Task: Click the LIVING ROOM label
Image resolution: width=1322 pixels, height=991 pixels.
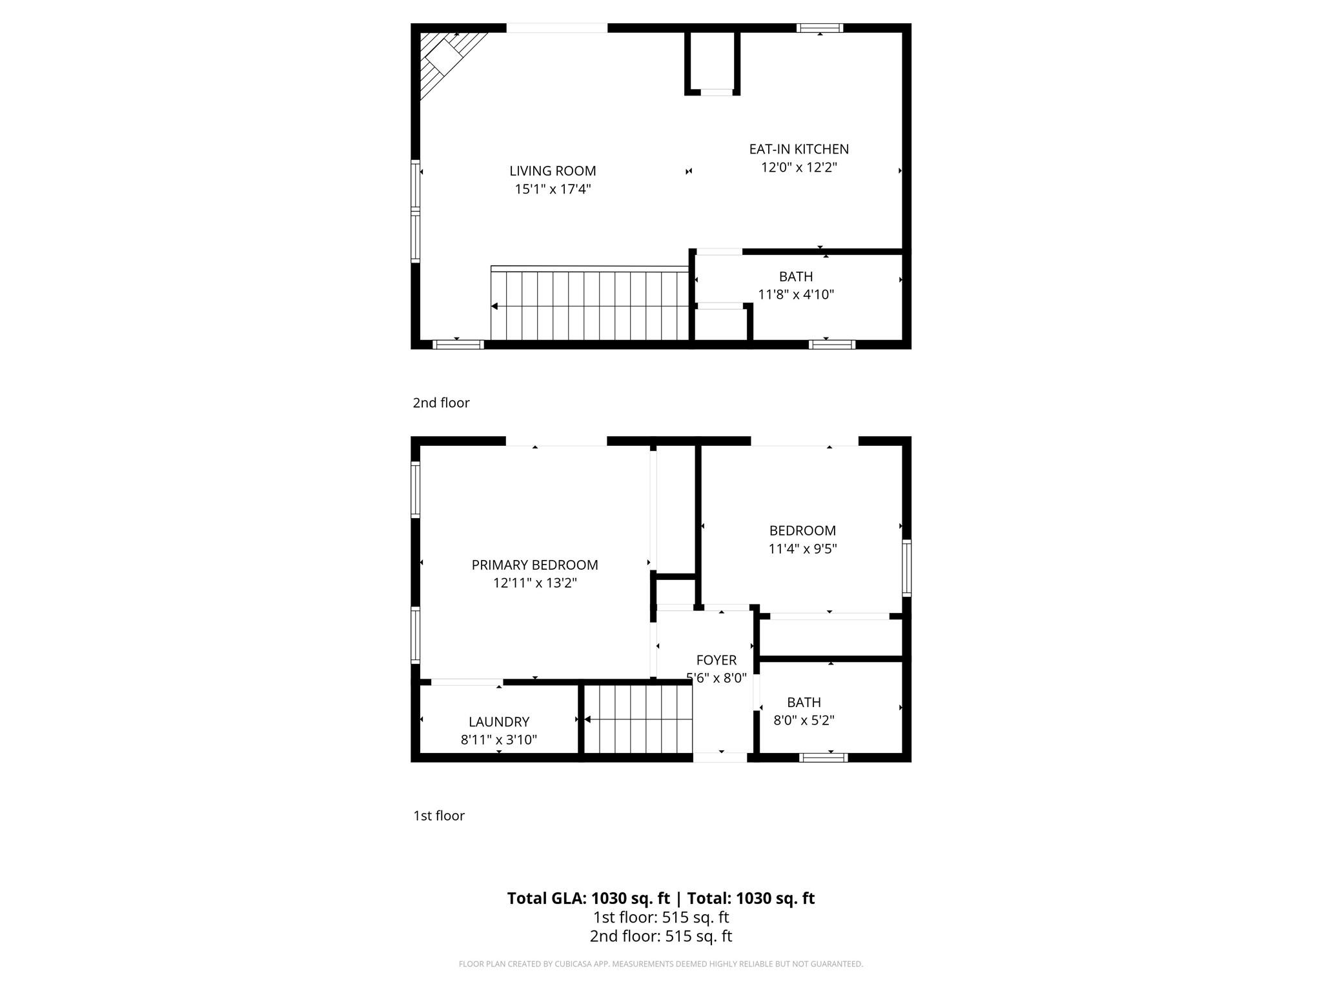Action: coord(553,171)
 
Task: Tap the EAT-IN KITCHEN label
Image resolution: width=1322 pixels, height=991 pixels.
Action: coord(798,149)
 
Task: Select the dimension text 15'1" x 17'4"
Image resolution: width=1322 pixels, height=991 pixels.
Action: coord(553,189)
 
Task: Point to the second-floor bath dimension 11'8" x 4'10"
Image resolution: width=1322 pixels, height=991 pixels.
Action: coord(796,294)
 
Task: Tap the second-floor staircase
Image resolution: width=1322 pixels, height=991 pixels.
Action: coord(589,303)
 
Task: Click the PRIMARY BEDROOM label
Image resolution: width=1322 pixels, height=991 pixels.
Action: coord(534,565)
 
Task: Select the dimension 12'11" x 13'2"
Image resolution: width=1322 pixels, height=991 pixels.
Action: coord(534,583)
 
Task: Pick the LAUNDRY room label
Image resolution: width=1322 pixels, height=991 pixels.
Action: coord(499,722)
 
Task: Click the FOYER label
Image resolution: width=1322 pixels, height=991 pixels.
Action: coord(717,660)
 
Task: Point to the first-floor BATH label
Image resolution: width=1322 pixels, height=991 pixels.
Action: coord(804,702)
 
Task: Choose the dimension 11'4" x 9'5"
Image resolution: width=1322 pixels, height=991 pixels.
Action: coord(802,549)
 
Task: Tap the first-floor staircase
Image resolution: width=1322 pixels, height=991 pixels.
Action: coord(638,719)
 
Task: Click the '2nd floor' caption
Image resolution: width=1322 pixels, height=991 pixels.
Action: coord(441,403)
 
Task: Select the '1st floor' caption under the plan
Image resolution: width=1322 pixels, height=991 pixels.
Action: coord(439,816)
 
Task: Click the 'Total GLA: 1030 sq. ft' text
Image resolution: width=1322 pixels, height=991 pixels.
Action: coord(588,898)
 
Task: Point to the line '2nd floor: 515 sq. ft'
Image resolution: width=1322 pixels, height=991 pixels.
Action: coord(661,936)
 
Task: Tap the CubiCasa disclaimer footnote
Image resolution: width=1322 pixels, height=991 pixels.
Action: coord(661,964)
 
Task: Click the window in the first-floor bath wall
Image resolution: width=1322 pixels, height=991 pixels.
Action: coord(823,757)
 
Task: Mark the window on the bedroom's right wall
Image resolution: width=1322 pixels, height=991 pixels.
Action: coord(906,568)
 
